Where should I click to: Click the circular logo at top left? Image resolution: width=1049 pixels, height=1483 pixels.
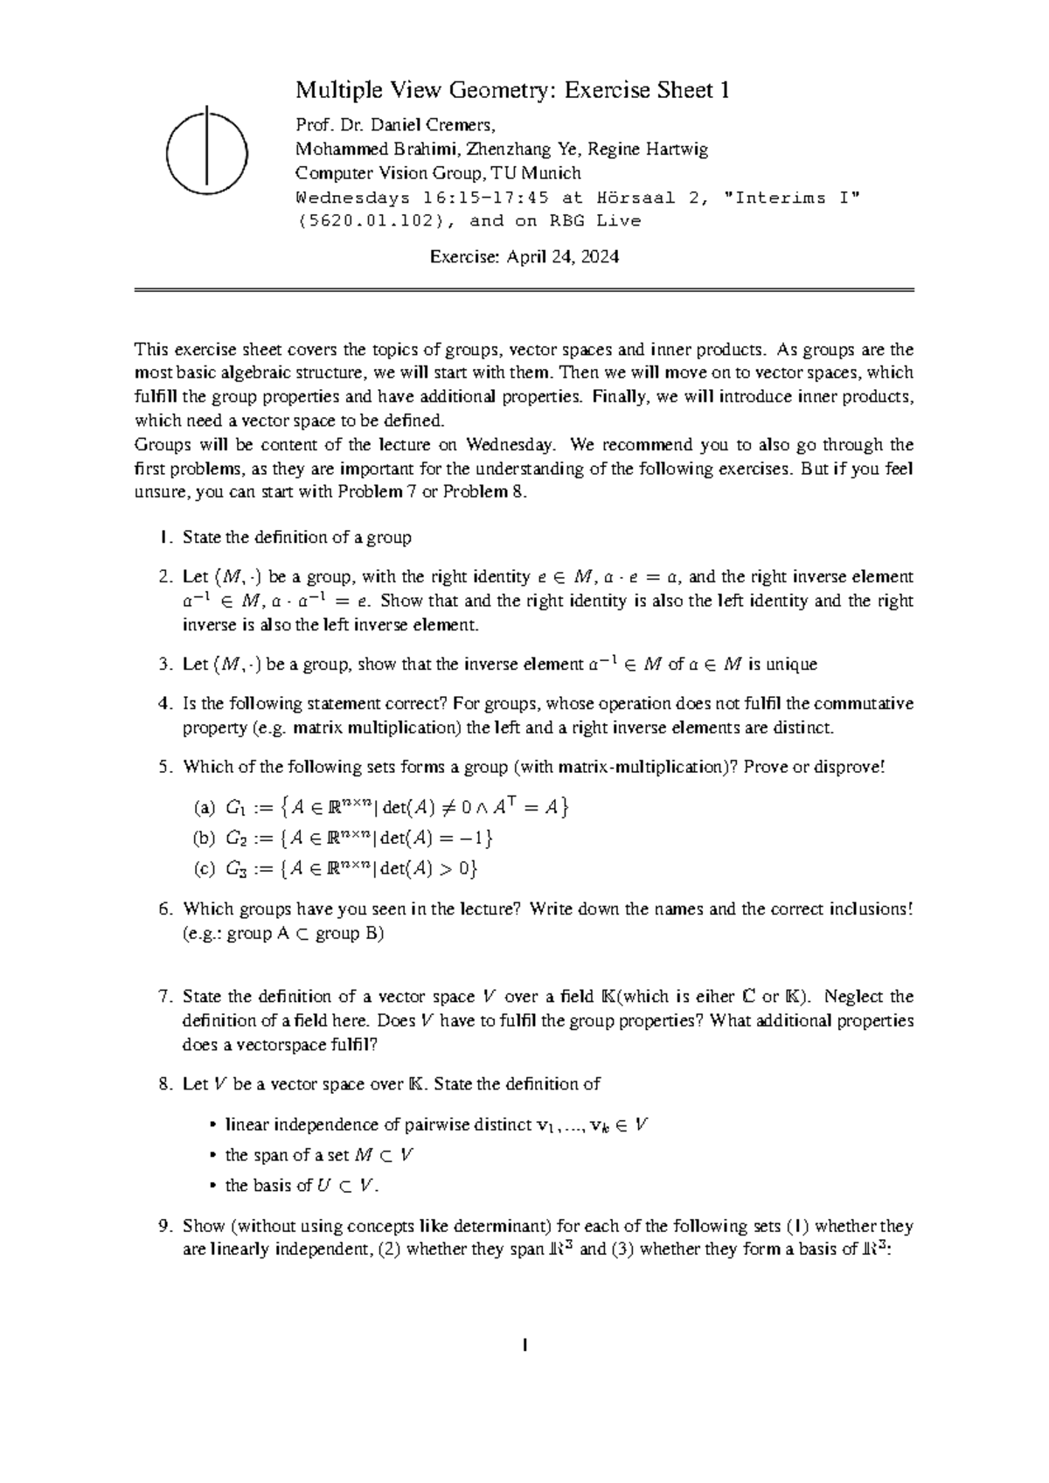[206, 150]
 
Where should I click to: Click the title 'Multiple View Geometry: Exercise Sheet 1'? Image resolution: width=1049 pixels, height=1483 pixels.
[512, 90]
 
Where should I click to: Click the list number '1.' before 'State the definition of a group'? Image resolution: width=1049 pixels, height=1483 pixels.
[167, 538]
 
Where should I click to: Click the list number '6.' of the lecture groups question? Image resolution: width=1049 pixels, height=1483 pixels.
[167, 909]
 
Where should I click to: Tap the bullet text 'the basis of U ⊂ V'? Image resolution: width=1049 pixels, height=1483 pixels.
[302, 1187]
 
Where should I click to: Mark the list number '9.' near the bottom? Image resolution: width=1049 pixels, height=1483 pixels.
[167, 1226]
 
